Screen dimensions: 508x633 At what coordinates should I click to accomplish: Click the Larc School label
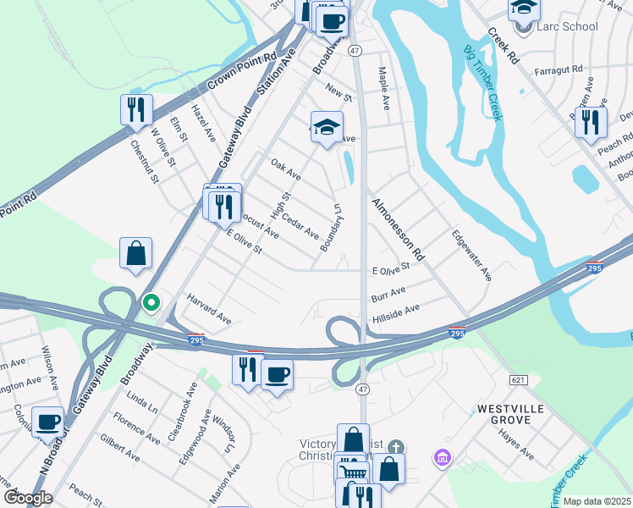point(568,26)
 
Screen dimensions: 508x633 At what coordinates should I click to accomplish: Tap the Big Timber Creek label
point(482,84)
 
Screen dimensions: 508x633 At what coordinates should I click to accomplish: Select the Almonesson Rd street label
point(396,229)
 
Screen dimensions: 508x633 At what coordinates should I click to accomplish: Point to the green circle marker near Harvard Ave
point(151,301)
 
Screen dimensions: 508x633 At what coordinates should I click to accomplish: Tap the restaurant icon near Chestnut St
point(135,109)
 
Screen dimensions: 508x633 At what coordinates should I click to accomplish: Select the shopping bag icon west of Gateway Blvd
point(135,253)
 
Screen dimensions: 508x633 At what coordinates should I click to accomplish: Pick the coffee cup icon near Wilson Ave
point(48,421)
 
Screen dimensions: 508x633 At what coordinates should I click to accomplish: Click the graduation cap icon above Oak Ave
point(327,128)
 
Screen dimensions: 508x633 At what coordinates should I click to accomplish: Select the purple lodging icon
point(439,458)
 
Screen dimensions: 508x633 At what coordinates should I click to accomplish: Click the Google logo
point(27,498)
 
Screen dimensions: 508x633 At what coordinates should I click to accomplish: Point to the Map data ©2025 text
point(597,501)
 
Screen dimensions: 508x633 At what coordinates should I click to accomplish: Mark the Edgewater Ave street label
point(471,256)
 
